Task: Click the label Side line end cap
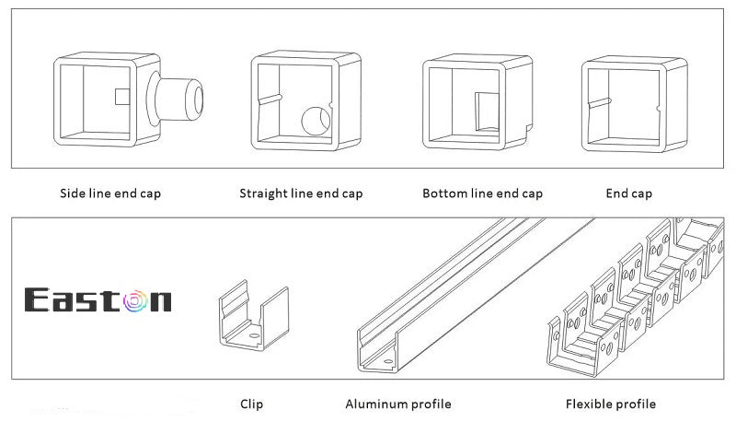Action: point(109,193)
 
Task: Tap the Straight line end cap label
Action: point(301,193)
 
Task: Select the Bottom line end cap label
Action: point(482,193)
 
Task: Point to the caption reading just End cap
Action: point(628,193)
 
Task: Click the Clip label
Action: point(251,404)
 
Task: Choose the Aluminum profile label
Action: point(397,404)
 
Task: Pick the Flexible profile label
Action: point(610,404)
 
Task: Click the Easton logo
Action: point(98,299)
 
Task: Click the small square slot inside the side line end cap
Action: point(121,96)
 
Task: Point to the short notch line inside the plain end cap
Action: point(597,103)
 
